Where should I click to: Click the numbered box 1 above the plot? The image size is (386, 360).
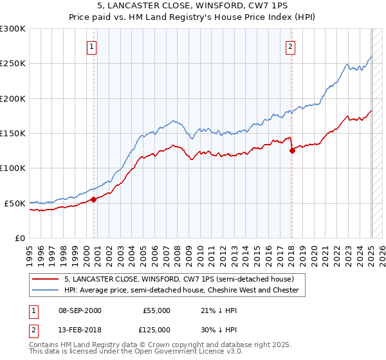(92, 46)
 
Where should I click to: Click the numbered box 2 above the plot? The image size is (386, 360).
(291, 46)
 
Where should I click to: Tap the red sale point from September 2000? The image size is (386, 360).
(94, 199)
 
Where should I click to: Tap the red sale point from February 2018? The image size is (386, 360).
(292, 150)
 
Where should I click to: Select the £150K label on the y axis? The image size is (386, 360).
(13, 133)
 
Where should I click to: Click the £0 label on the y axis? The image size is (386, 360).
(19, 238)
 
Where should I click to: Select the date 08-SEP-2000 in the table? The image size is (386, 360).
(80, 310)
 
